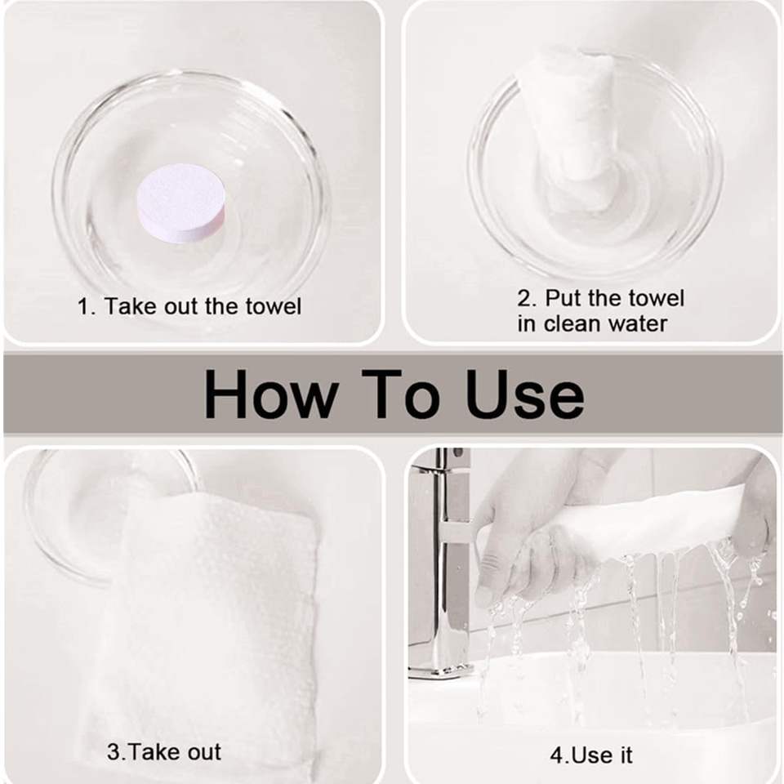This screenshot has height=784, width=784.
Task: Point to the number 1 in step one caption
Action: pyautogui.click(x=84, y=306)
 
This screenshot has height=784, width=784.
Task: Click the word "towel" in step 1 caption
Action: pyautogui.click(x=274, y=306)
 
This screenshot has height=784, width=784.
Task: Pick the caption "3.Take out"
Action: pyautogui.click(x=163, y=752)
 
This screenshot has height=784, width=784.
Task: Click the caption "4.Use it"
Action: pyautogui.click(x=591, y=755)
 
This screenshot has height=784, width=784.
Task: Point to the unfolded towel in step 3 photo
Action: pyautogui.click(x=210, y=625)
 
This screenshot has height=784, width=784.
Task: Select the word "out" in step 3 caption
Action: pyautogui.click(x=202, y=752)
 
